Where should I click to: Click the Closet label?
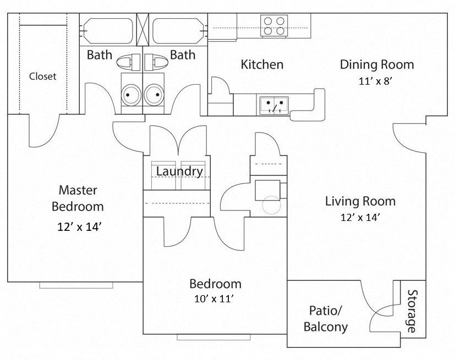click(x=42, y=76)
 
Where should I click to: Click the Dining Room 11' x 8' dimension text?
click(x=376, y=81)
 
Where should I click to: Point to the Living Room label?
click(x=360, y=201)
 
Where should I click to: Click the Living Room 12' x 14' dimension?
click(x=360, y=217)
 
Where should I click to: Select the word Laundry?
click(x=179, y=171)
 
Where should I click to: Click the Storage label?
click(x=412, y=312)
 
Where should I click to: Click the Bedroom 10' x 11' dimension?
click(x=215, y=300)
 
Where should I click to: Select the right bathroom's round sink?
click(x=156, y=96)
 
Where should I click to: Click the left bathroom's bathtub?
click(x=107, y=31)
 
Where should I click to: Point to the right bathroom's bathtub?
click(x=178, y=31)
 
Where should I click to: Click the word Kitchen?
click(x=262, y=64)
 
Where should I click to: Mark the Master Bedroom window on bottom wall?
click(x=76, y=285)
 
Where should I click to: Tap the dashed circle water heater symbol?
click(x=271, y=206)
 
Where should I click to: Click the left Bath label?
click(x=100, y=55)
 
